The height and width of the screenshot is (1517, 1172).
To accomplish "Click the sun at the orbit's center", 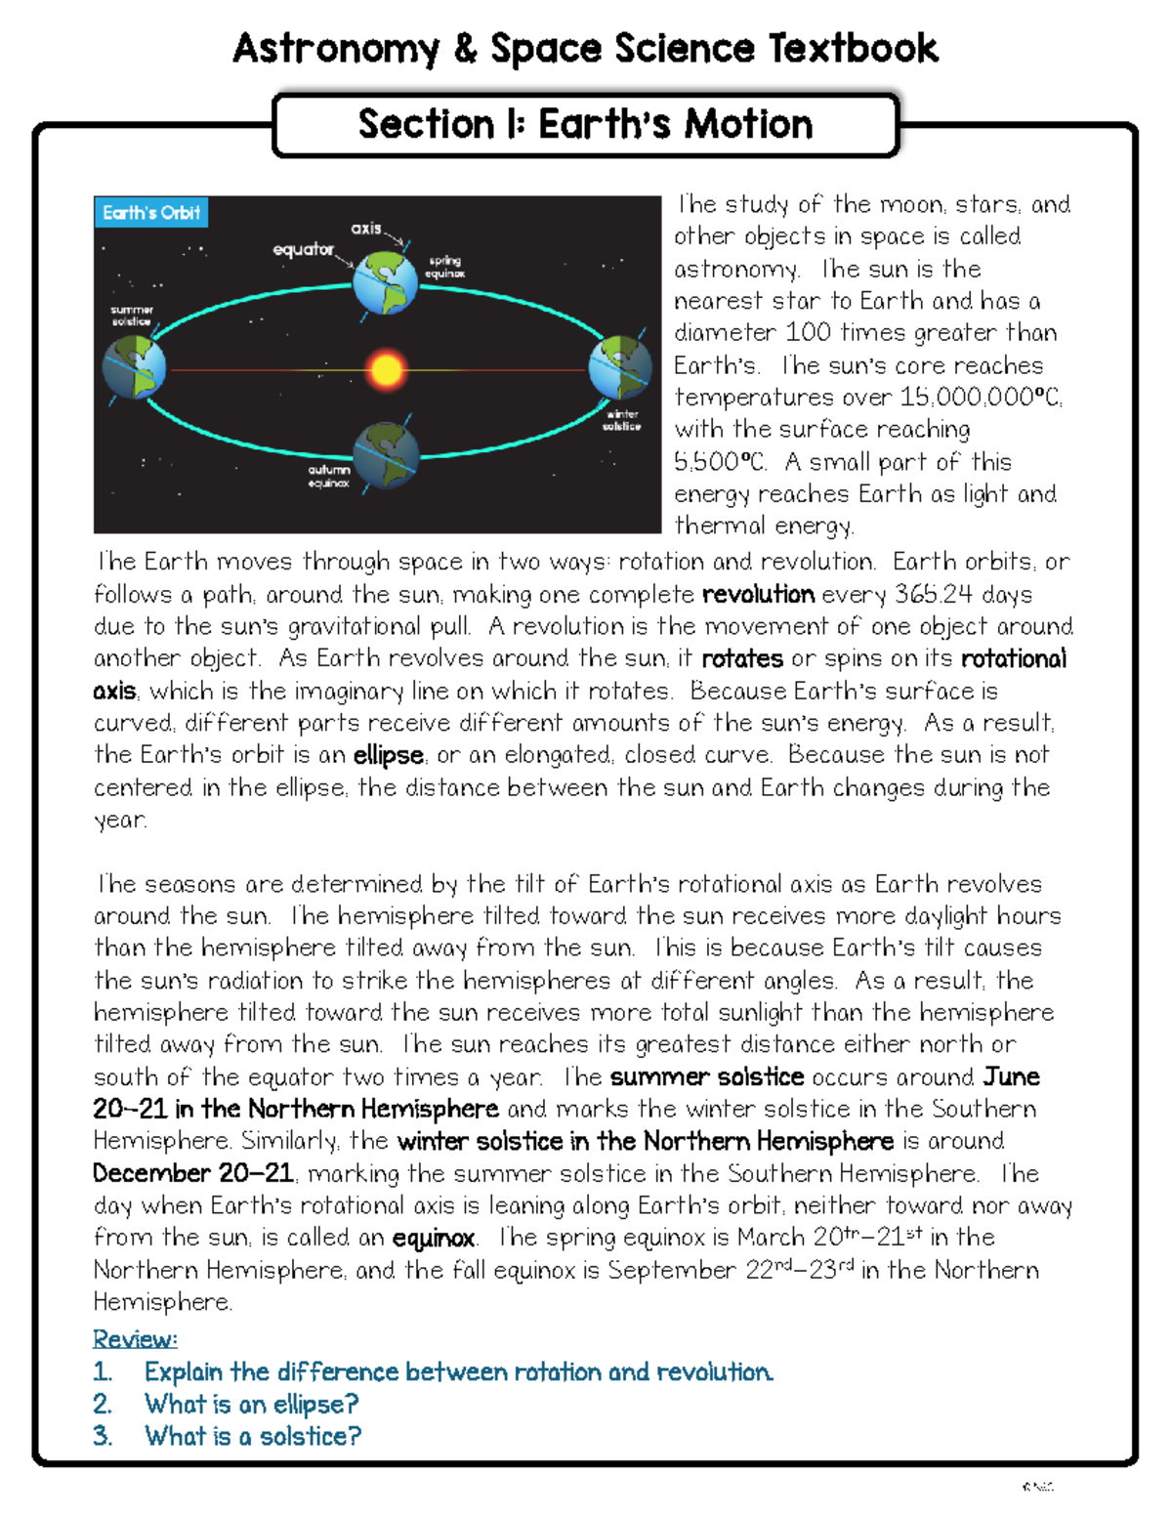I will tap(386, 370).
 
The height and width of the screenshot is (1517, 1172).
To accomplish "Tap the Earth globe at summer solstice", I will tap(134, 368).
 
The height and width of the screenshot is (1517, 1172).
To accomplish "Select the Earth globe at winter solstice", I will tap(619, 367).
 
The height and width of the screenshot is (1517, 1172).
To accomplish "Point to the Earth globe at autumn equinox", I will tap(386, 455).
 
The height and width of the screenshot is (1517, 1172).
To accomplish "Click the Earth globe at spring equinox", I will tap(385, 281).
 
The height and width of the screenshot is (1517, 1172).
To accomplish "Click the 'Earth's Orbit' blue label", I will tap(151, 213).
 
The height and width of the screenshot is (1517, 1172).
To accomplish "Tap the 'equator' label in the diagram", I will tap(303, 250).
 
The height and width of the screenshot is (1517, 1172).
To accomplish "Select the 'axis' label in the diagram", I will tap(366, 229).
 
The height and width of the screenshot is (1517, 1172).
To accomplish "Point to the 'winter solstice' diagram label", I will tap(621, 420).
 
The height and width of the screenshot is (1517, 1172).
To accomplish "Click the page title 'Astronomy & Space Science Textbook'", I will tap(585, 48).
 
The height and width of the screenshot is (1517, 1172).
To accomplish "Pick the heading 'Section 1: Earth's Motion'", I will tap(585, 125).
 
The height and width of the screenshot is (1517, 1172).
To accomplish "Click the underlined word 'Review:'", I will tap(135, 1338).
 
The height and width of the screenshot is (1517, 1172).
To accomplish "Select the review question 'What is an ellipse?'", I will tap(251, 1404).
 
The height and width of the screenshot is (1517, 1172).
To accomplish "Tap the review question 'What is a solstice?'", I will tap(253, 1436).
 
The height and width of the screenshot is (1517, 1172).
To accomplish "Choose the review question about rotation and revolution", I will tap(458, 1371).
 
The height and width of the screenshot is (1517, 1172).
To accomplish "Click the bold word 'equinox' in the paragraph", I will tap(433, 1239).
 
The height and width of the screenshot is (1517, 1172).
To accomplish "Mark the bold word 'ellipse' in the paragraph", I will tap(388, 756).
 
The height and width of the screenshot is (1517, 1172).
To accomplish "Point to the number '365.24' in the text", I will tap(934, 595).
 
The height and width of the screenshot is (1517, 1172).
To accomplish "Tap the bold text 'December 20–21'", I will tap(193, 1173).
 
